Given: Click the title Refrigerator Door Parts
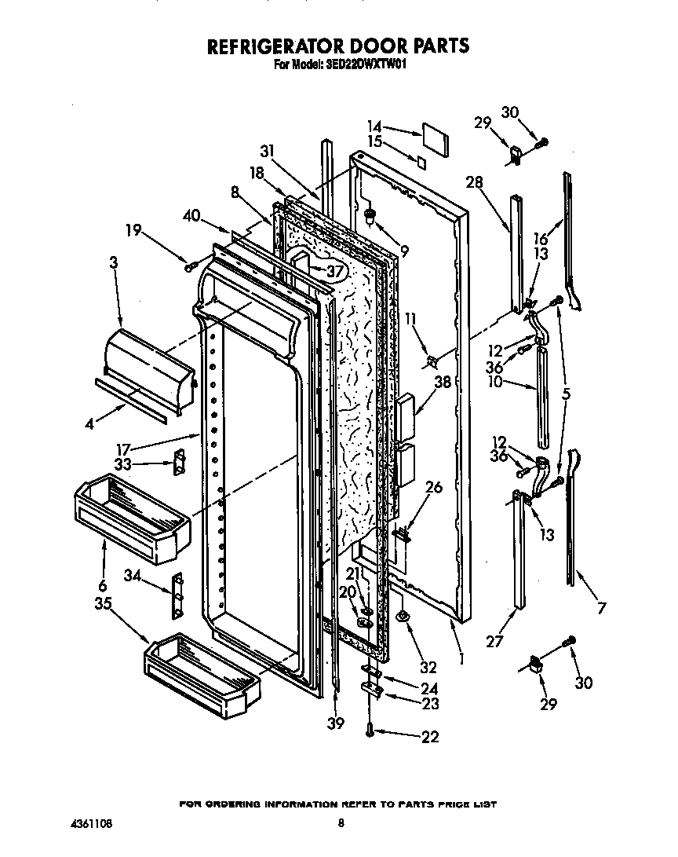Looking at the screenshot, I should point(338,46).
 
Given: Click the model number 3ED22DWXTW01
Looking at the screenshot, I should point(362,67).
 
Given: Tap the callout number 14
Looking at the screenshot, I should point(374,126).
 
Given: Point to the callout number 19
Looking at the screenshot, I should point(133,229).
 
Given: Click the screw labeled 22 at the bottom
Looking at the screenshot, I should point(369,731).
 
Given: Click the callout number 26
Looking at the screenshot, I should point(432,487).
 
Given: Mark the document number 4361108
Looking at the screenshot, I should point(89,825).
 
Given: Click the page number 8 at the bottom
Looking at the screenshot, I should point(341,824).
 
